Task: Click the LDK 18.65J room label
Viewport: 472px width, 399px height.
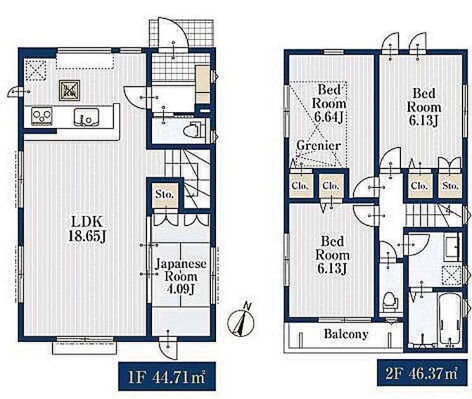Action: [87, 229]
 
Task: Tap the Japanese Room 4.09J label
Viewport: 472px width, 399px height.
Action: [181, 277]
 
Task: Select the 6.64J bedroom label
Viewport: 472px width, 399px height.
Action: [329, 103]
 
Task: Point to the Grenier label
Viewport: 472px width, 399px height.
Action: [319, 146]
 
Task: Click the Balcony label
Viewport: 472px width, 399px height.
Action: [346, 334]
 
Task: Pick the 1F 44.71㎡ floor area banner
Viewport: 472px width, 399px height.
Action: [167, 376]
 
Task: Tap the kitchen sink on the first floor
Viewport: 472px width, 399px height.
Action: [87, 117]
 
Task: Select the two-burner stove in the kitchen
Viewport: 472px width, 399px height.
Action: [42, 117]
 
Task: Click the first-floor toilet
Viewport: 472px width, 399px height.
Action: [194, 129]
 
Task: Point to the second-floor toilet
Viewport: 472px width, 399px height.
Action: [390, 302]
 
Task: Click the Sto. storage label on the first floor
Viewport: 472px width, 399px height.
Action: [165, 194]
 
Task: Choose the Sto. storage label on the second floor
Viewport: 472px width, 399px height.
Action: [450, 186]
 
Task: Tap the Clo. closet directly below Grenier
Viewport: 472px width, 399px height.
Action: [300, 186]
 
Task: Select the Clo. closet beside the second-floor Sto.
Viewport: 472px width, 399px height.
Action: [419, 186]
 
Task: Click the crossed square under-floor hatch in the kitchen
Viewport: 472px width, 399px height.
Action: [70, 90]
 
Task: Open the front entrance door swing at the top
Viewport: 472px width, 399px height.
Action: [173, 34]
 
